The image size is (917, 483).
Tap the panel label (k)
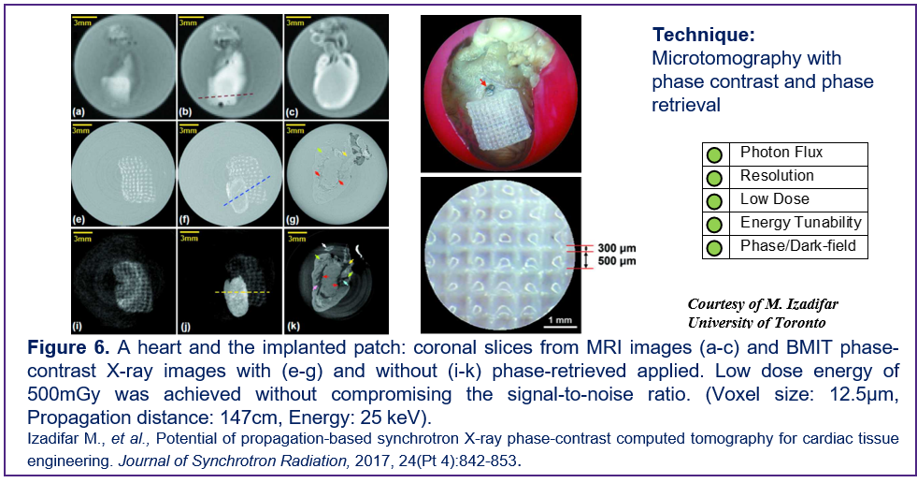tap(293, 327)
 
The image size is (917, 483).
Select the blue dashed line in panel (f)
tap(247, 190)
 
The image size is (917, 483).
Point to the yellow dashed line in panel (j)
tap(242, 291)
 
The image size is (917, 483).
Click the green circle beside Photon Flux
tap(715, 154)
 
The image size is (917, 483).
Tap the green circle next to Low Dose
tap(715, 201)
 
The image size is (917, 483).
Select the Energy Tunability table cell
tap(798, 223)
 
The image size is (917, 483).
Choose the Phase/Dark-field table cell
tap(798, 246)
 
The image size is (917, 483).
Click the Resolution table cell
tap(798, 177)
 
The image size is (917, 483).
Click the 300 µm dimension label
tap(616, 248)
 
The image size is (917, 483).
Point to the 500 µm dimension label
tap(616, 261)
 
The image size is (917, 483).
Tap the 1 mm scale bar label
tap(560, 320)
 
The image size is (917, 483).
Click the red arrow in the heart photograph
tap(483, 83)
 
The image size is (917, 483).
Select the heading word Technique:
tap(704, 35)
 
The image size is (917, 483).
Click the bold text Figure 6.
tap(68, 347)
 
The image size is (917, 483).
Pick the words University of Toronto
tap(757, 323)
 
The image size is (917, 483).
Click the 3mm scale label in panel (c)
tap(294, 22)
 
